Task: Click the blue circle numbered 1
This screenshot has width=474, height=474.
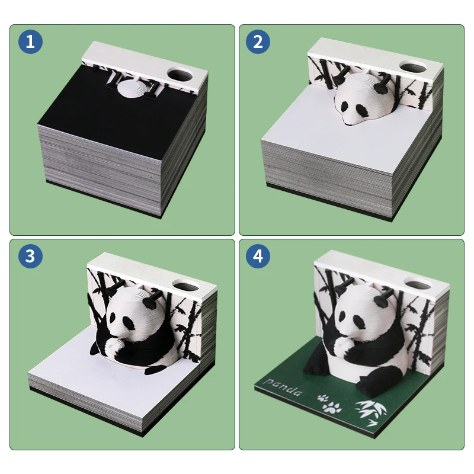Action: click(30, 41)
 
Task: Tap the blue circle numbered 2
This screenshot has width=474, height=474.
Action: click(258, 41)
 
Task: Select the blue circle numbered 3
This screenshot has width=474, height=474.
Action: click(30, 256)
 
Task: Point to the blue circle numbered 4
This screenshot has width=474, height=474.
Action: click(258, 256)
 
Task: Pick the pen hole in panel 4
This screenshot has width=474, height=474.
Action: click(417, 281)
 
